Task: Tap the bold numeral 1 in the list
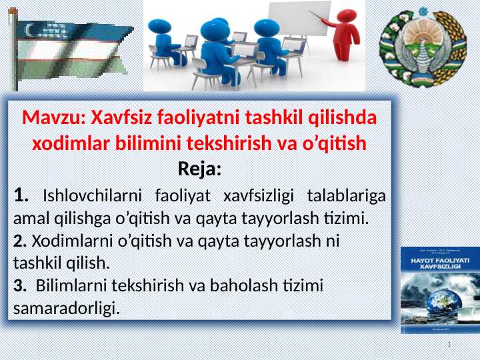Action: tap(20, 196)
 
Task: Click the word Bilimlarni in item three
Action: tap(69, 287)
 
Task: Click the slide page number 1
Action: tap(451, 344)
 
